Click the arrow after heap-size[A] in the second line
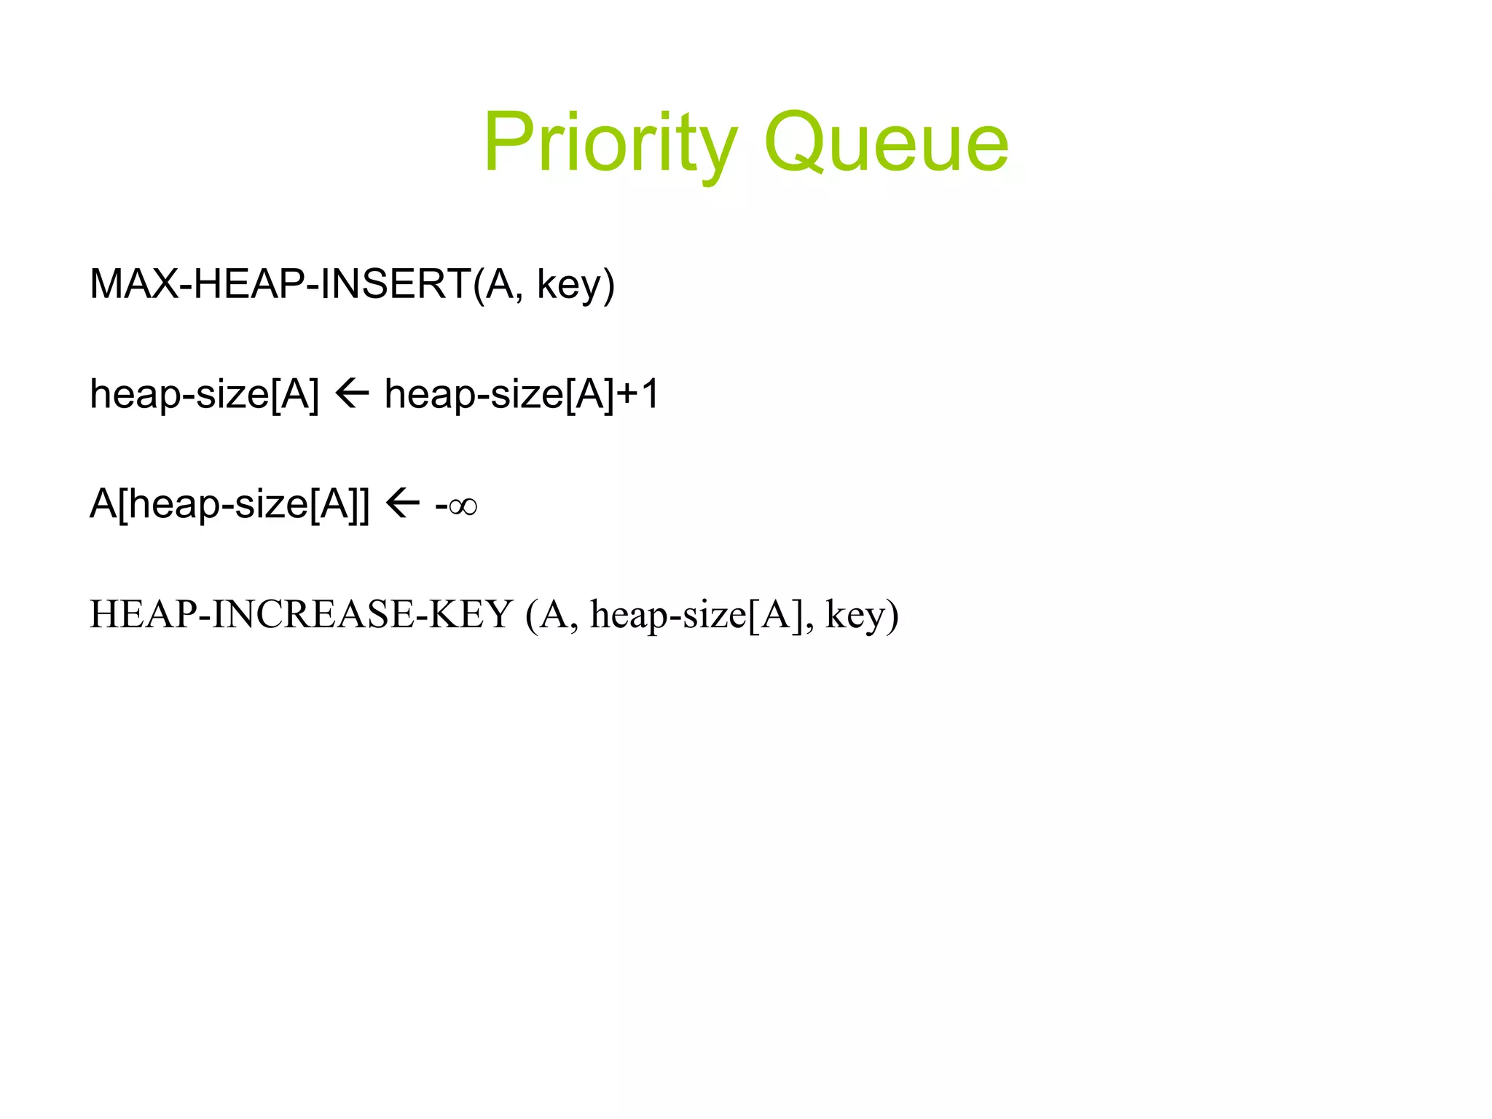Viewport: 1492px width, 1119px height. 352,394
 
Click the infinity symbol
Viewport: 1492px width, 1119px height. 463,506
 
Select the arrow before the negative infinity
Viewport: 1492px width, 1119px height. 402,503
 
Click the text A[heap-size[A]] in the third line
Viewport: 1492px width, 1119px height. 229,504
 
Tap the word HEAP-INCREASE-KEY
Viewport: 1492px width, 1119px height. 301,614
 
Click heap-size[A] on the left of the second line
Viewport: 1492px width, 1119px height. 204,395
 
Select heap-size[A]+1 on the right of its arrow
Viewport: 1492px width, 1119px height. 521,395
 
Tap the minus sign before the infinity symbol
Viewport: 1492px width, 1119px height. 441,506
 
